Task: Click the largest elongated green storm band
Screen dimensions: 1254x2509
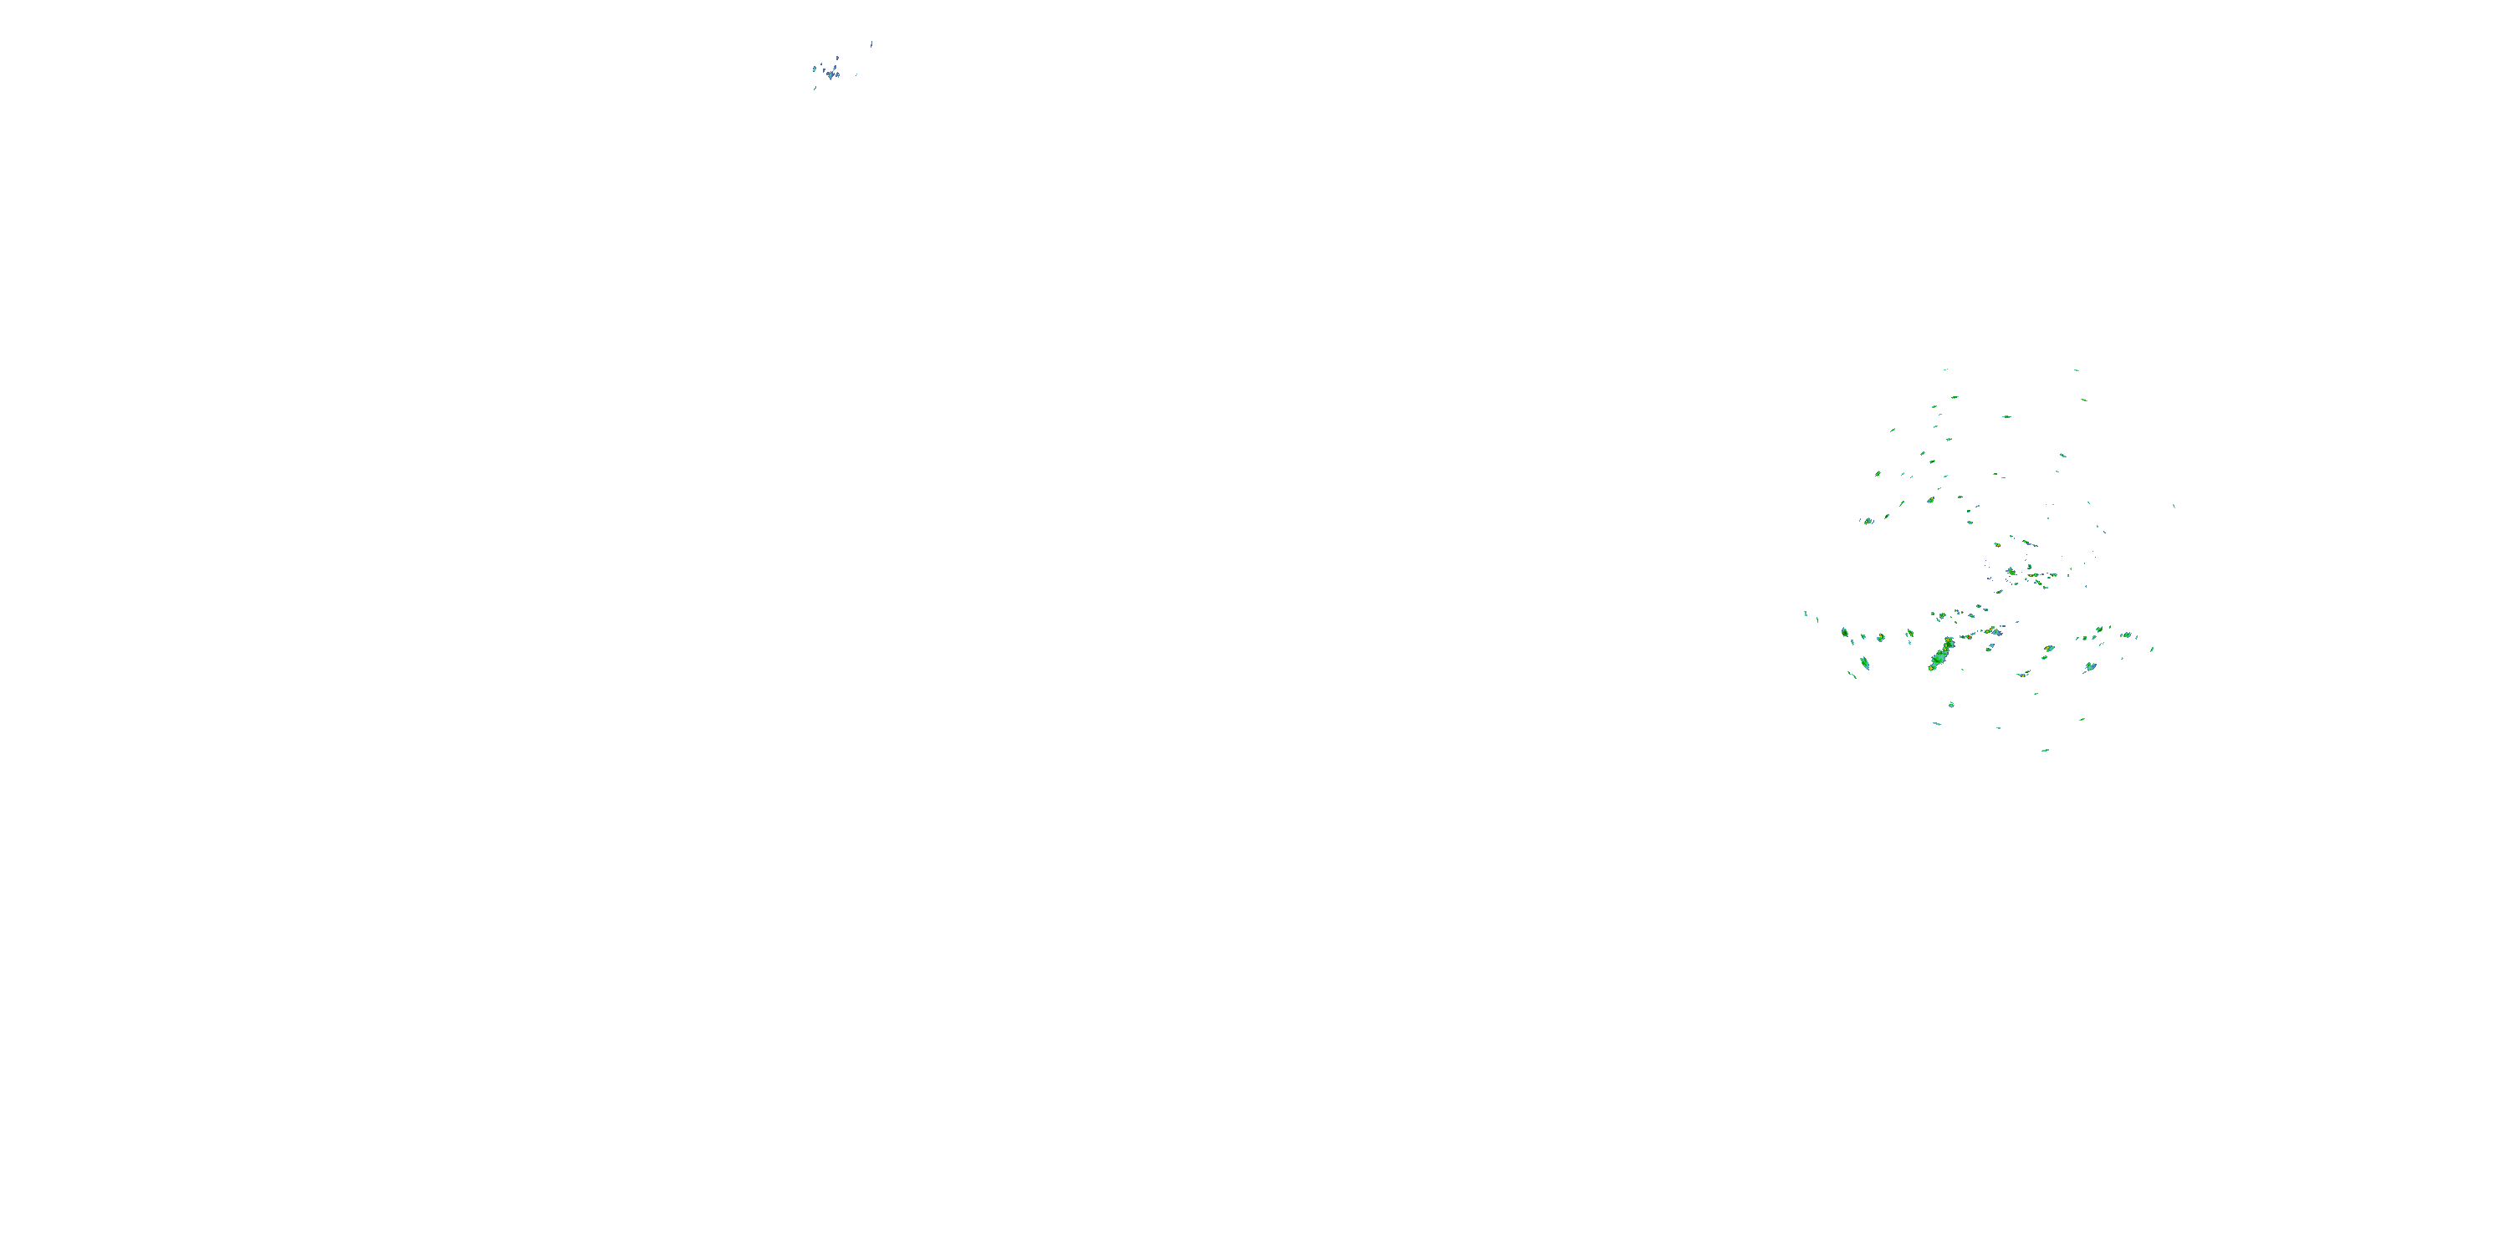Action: [x=1939, y=655]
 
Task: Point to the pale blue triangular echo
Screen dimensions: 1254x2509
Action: [x=2089, y=667]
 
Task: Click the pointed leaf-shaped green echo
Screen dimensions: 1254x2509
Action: [x=1864, y=663]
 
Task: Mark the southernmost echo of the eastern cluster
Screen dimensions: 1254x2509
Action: [x=2046, y=751]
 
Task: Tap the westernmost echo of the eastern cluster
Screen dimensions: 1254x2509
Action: [x=1806, y=614]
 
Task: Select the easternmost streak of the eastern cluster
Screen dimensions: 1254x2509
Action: [x=2174, y=505]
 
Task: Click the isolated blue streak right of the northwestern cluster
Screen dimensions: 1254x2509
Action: [x=871, y=43]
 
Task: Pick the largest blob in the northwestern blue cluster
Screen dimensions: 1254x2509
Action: [x=830, y=73]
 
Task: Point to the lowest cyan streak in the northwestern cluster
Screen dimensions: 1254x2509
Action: [x=815, y=89]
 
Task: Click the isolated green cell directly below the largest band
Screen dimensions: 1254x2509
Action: [x=1951, y=704]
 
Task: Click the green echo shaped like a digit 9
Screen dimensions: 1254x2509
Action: [x=1845, y=633]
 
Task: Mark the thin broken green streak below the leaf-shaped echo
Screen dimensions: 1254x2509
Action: [x=1852, y=674]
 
